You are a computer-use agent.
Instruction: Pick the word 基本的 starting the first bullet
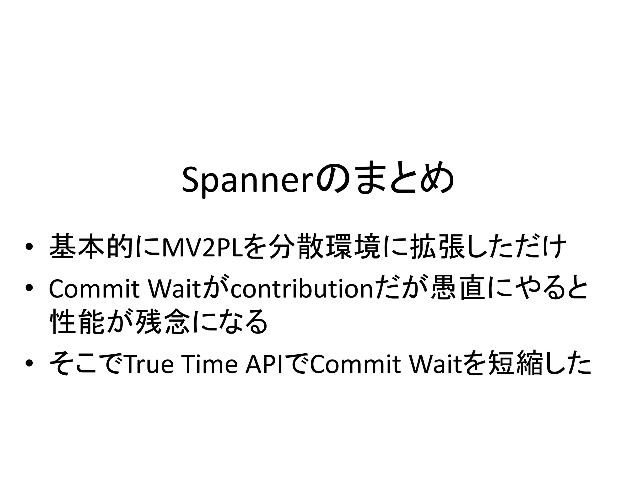pos(91,247)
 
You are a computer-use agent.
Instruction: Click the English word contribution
pos(302,289)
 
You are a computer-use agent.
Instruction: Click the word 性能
pos(77,322)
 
